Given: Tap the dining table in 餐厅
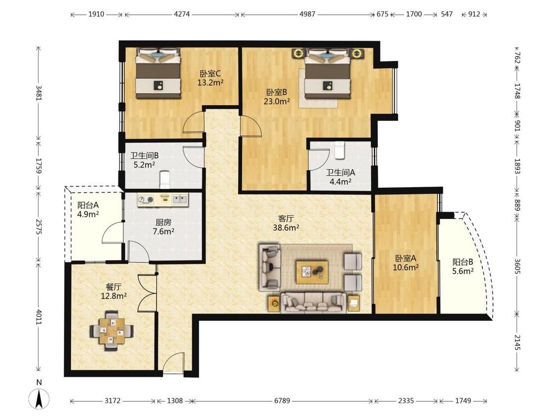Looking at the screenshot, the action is [112, 330].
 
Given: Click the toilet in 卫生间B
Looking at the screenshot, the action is [164, 179].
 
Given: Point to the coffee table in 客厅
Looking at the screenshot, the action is [312, 272].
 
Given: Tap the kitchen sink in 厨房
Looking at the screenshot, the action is [180, 200].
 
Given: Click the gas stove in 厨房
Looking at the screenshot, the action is [146, 200].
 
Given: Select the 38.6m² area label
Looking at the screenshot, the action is [286, 227].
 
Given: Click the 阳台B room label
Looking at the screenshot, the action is [463, 262].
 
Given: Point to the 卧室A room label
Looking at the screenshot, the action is [405, 258].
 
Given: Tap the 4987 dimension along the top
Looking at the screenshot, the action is [307, 14].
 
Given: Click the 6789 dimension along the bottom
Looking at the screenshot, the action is [282, 401].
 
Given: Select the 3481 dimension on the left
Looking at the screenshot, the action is [39, 93].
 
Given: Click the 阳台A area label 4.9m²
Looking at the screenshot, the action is [88, 214].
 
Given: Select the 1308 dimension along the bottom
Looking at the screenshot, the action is [175, 401].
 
